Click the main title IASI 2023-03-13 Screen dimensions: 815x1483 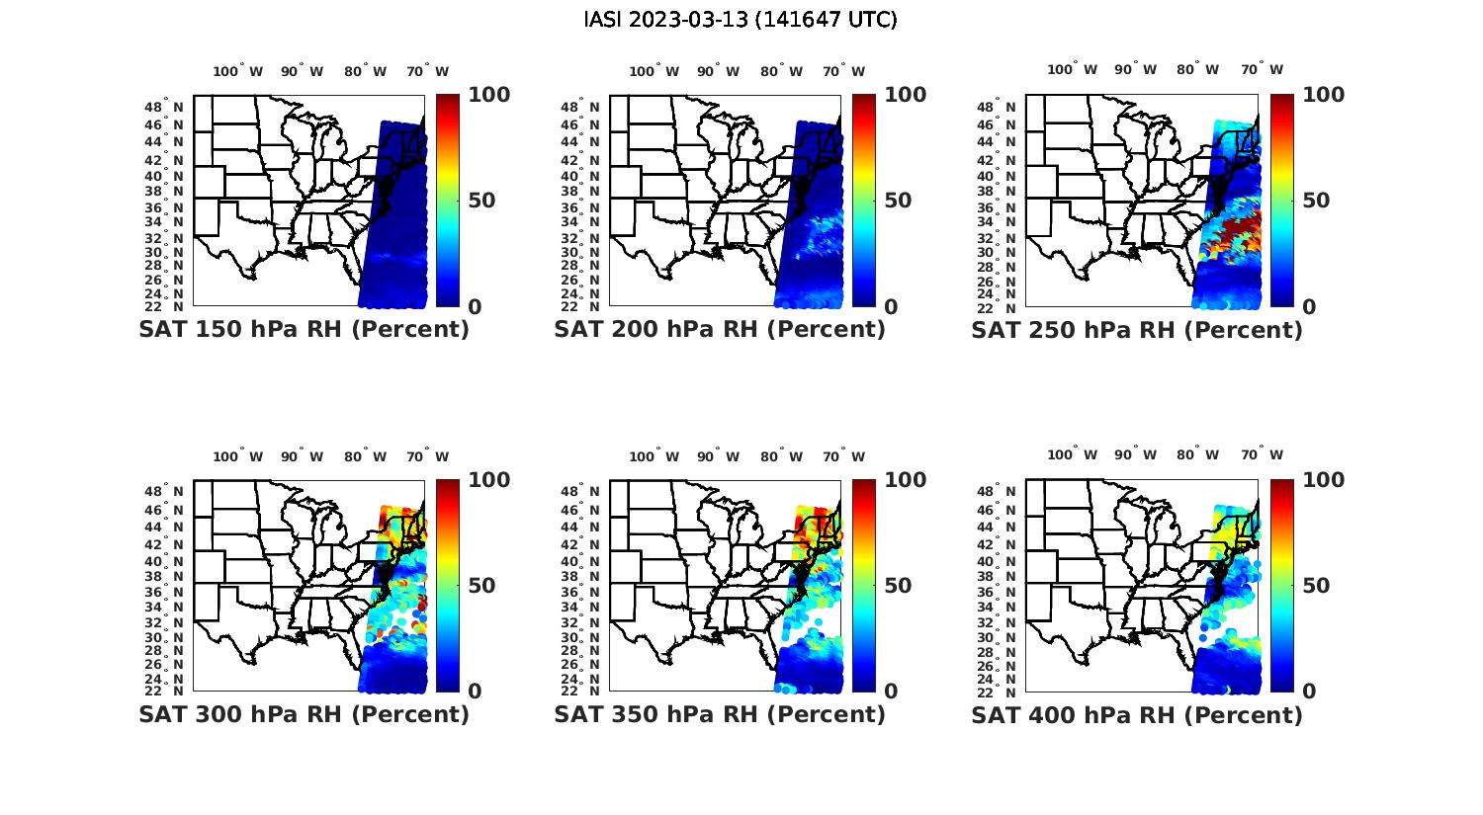[x=741, y=20]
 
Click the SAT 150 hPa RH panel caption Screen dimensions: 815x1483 [x=304, y=330]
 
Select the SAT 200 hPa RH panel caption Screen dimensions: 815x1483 [x=720, y=330]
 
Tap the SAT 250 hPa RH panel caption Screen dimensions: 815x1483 [x=1137, y=330]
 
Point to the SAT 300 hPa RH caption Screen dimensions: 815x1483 [x=304, y=714]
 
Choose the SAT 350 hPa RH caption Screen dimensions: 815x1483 [x=720, y=714]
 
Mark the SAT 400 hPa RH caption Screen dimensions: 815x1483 [x=1137, y=714]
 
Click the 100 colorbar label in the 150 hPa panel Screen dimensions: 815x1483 [x=488, y=95]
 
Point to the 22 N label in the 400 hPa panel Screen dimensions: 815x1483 [x=1004, y=691]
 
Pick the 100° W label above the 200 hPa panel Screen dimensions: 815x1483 [x=654, y=71]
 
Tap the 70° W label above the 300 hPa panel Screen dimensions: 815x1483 [x=427, y=456]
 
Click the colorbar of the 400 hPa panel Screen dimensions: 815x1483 [x=1281, y=585]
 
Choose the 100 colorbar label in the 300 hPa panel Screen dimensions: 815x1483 [x=488, y=480]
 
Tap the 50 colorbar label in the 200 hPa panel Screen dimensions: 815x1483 [x=898, y=201]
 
